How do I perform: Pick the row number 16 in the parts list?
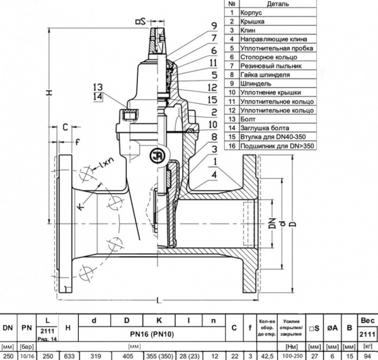[232, 145]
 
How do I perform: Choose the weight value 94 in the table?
[369, 355]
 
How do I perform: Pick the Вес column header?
[369, 321]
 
